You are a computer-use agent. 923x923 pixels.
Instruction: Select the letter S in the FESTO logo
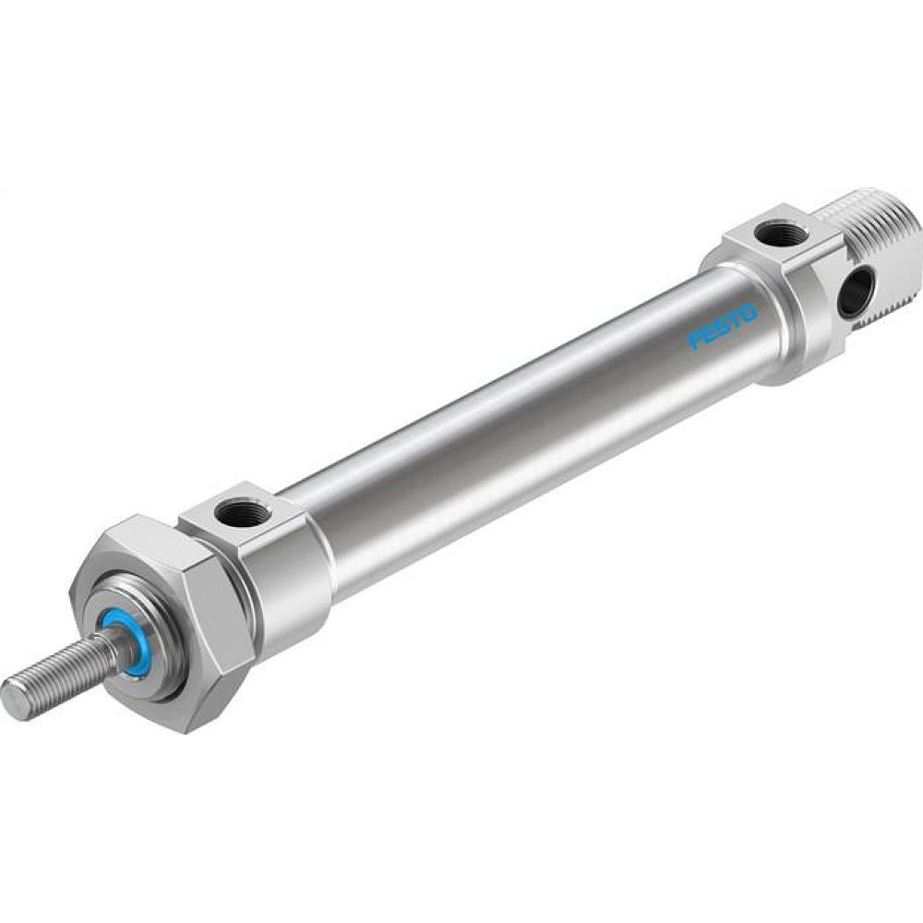click(x=723, y=327)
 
